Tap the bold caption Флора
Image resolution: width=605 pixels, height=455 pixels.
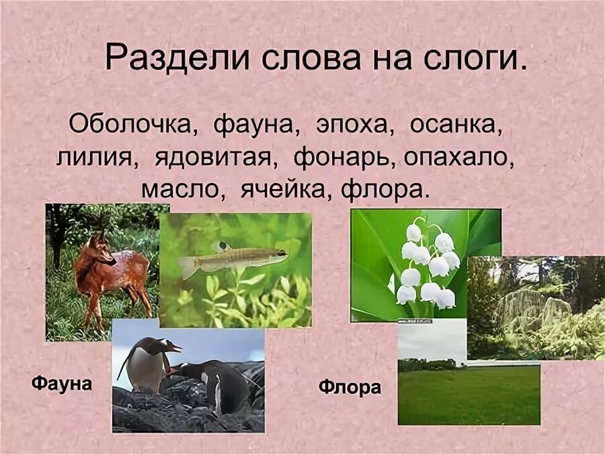pyautogui.click(x=350, y=388)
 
